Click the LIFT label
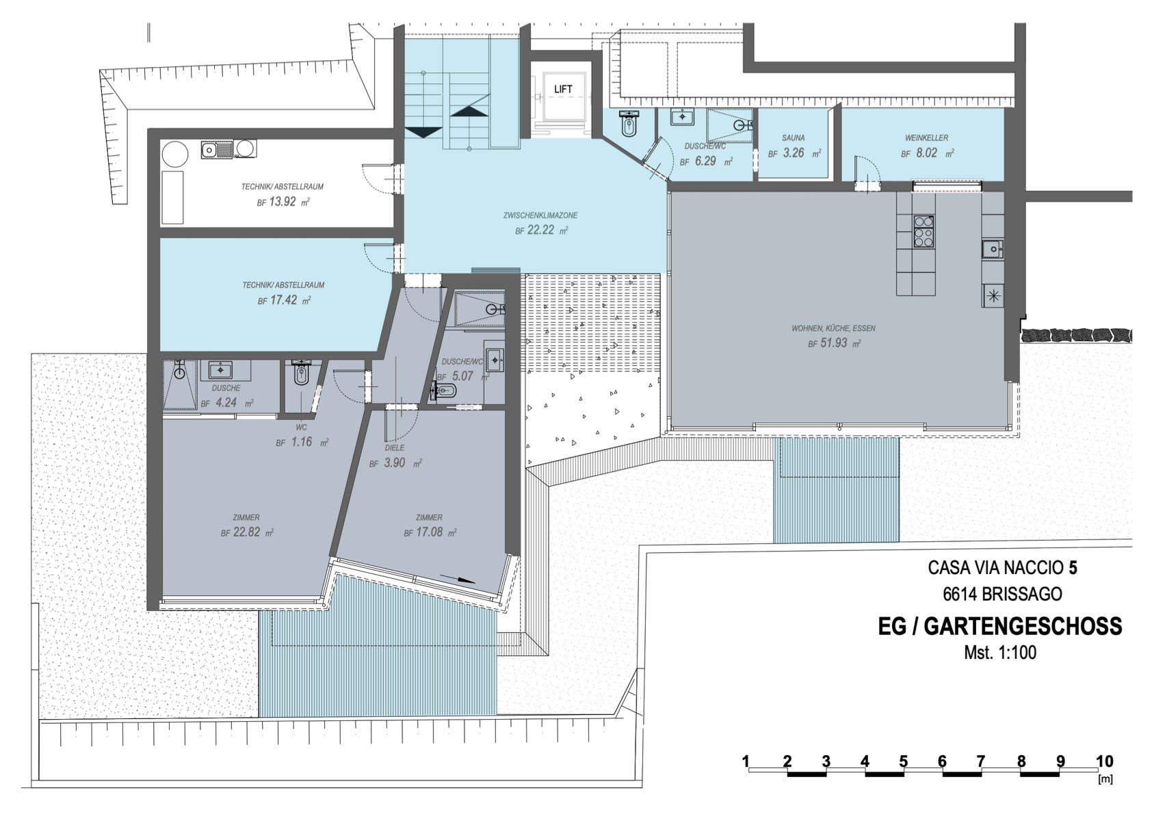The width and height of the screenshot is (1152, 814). pyautogui.click(x=562, y=89)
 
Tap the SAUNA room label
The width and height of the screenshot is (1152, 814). pyautogui.click(x=793, y=138)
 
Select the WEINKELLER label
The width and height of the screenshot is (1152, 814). pyautogui.click(x=927, y=138)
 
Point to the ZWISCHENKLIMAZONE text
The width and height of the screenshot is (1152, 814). pyautogui.click(x=540, y=215)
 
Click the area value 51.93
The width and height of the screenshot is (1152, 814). pyautogui.click(x=833, y=343)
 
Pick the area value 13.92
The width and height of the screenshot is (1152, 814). pyautogui.click(x=283, y=202)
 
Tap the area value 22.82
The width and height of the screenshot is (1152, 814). pyautogui.click(x=246, y=532)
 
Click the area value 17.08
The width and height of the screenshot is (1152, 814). pyautogui.click(x=429, y=532)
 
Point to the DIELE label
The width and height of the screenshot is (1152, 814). pyautogui.click(x=395, y=448)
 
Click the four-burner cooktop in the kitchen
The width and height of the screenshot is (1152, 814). pyautogui.click(x=924, y=231)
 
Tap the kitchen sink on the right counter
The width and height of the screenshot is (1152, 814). pyautogui.click(x=993, y=249)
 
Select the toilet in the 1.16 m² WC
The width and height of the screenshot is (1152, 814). pyautogui.click(x=301, y=373)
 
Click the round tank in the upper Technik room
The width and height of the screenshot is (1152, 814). pyautogui.click(x=175, y=154)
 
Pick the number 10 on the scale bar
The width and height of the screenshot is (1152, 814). pyautogui.click(x=1104, y=761)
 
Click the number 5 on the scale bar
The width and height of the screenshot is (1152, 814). pyautogui.click(x=903, y=761)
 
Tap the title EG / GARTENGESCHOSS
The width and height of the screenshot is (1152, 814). pyautogui.click(x=999, y=627)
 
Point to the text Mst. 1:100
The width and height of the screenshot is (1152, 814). pyautogui.click(x=999, y=653)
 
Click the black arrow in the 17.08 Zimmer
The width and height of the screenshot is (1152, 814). pyautogui.click(x=458, y=578)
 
